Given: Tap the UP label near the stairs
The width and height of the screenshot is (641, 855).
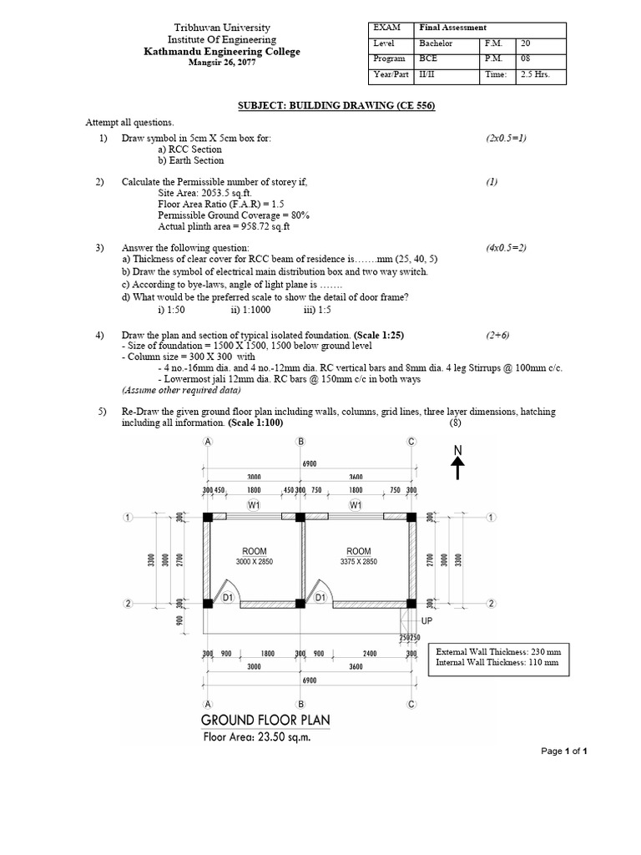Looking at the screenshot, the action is click(x=427, y=622).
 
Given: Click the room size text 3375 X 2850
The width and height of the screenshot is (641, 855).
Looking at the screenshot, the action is click(x=359, y=562).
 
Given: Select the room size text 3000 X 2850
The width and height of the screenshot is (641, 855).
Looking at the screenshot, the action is click(x=255, y=562).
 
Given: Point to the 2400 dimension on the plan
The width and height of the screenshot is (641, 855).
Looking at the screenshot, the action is click(x=371, y=654).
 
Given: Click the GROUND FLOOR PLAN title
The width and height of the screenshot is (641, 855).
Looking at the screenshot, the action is click(x=265, y=721).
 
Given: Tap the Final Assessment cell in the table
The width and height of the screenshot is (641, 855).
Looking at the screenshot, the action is click(x=452, y=28).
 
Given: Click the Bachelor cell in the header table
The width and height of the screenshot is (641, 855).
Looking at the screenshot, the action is click(x=437, y=43).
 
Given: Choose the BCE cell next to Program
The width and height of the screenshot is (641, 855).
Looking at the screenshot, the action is click(x=428, y=58).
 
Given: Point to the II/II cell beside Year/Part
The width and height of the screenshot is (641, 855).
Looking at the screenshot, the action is click(x=428, y=74).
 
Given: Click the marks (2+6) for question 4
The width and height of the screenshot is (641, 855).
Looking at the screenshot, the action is click(x=501, y=335).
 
